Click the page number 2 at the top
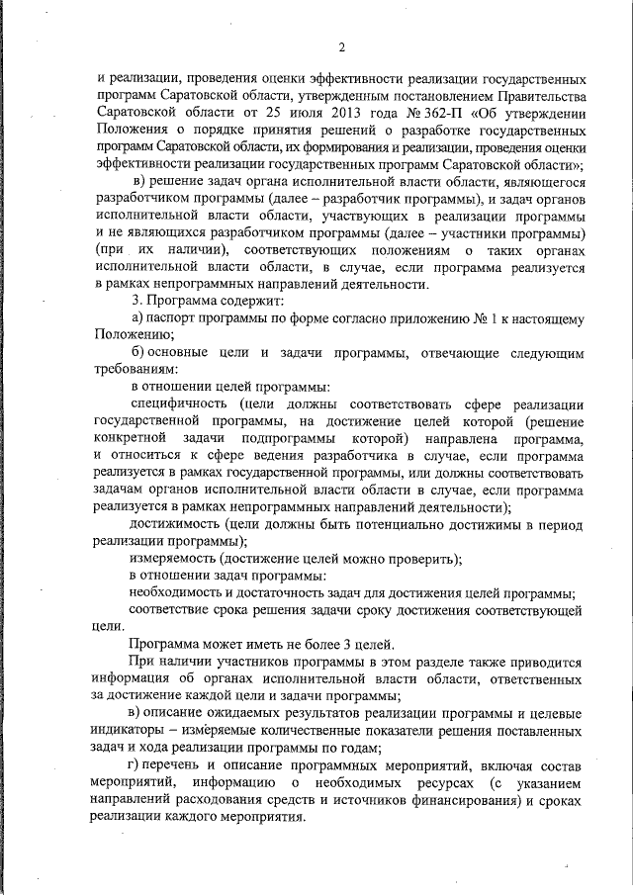(341, 46)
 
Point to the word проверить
(418, 558)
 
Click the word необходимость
(180, 592)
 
